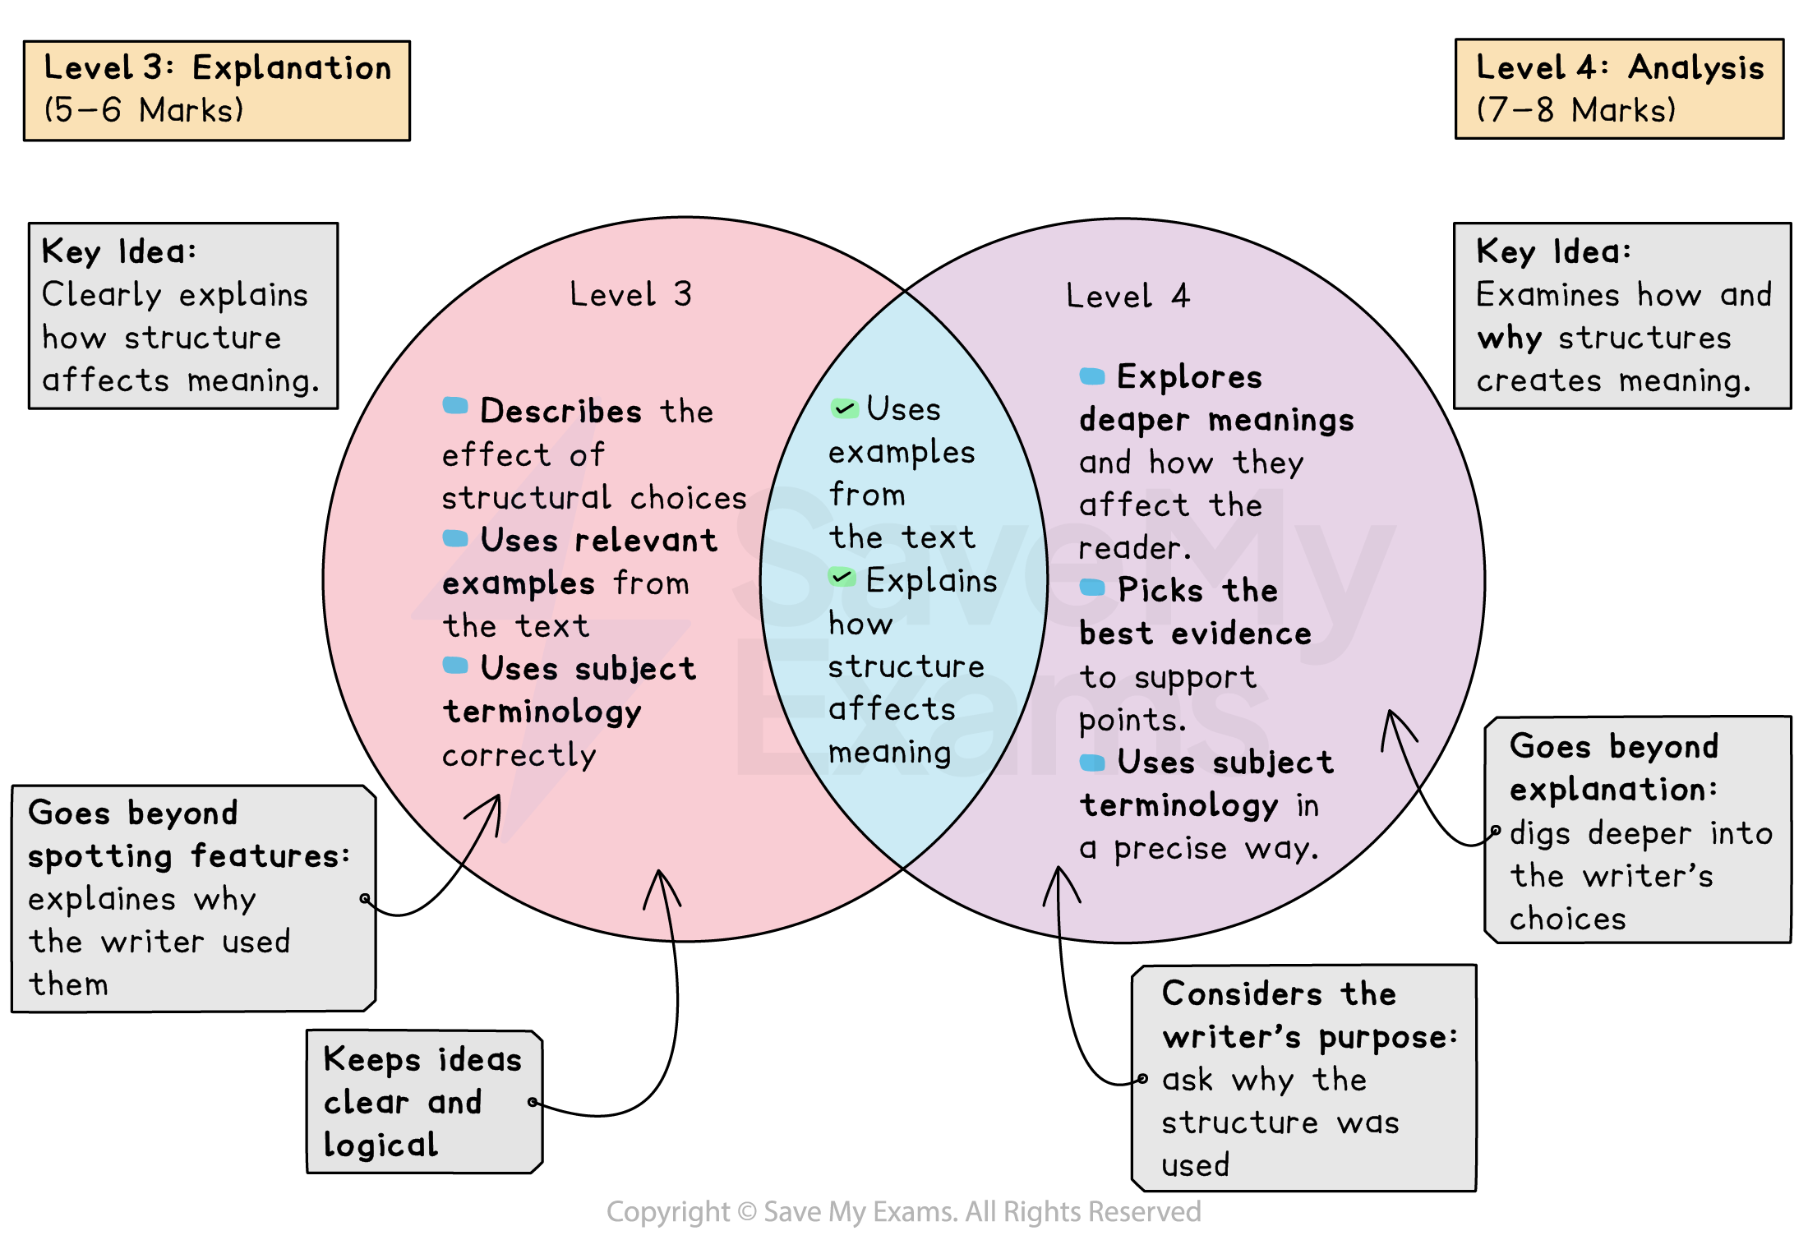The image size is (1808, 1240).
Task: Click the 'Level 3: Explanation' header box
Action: (x=216, y=90)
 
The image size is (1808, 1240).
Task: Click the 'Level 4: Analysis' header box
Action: (x=1618, y=89)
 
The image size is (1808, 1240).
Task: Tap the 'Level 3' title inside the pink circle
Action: (x=630, y=294)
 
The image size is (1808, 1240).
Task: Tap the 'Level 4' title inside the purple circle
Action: (x=1127, y=296)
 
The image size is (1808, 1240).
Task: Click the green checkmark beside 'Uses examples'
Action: (x=844, y=408)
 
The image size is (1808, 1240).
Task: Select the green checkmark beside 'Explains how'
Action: (x=842, y=578)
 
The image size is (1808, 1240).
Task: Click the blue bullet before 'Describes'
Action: (x=454, y=405)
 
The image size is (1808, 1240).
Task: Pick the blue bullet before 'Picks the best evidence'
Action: (x=1091, y=587)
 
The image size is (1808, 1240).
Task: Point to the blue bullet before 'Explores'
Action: (x=1091, y=376)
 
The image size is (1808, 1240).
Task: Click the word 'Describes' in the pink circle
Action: (x=560, y=411)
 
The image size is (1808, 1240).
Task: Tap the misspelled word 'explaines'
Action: (x=102, y=899)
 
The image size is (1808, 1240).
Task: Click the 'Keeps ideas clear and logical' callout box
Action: (x=423, y=1101)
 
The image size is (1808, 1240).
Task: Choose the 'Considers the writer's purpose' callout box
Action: (x=1303, y=1077)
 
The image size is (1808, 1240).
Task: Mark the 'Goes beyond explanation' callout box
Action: (x=1637, y=830)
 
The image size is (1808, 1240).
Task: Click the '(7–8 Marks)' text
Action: (x=1575, y=110)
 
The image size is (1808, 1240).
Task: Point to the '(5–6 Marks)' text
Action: (x=144, y=110)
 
